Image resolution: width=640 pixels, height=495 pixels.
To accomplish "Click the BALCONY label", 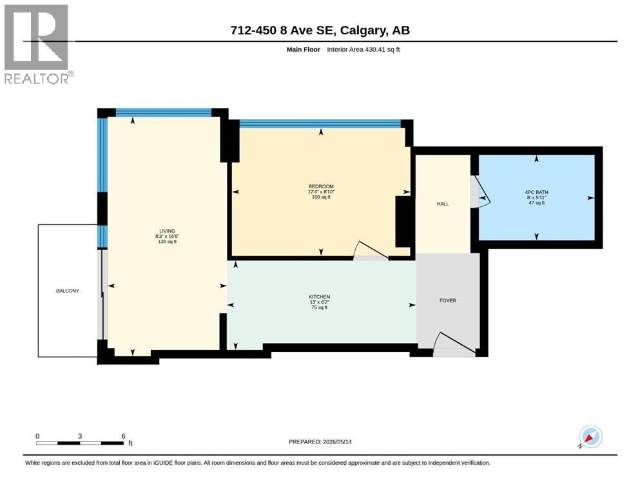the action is click(x=67, y=291).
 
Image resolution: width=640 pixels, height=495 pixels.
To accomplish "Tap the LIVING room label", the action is click(x=167, y=231).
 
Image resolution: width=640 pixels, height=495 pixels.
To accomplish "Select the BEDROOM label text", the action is click(x=321, y=186).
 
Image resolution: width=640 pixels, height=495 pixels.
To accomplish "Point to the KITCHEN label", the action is click(x=319, y=296).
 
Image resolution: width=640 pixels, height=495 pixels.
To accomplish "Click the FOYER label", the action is click(x=448, y=300).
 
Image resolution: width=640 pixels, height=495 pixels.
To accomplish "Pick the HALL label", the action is click(x=442, y=204).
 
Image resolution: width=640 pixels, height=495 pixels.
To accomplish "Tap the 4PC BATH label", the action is click(x=536, y=192).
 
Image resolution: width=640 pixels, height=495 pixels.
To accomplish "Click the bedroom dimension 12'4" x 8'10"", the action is click(x=321, y=192).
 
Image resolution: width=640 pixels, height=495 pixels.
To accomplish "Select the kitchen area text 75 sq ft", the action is click(x=319, y=307).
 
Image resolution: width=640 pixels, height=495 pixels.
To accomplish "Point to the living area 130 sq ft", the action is click(x=167, y=242).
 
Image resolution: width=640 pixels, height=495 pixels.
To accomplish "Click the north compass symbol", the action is click(x=590, y=436).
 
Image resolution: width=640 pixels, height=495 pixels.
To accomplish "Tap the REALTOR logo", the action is click(x=38, y=44).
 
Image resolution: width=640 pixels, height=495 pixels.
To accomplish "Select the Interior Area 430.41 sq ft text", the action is click(x=364, y=50).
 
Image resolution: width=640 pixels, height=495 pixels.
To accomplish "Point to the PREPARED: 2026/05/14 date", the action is click(x=320, y=442).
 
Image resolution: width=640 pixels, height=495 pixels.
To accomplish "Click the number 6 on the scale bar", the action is click(x=123, y=436).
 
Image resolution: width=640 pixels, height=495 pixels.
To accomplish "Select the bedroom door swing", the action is click(x=371, y=249).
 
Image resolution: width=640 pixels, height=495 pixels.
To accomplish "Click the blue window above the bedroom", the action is click(x=320, y=124).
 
